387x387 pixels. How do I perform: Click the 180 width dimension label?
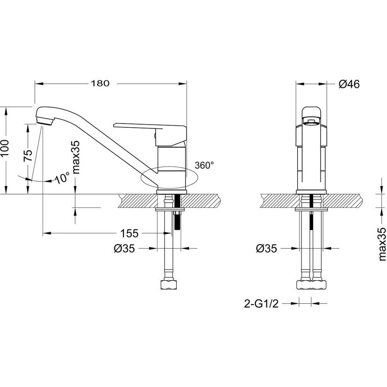click(x=100, y=84)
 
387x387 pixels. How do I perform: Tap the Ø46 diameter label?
click(x=349, y=84)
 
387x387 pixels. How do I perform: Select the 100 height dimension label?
click(x=5, y=148)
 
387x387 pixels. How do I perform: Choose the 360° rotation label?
click(x=204, y=165)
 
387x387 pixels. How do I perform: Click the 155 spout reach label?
click(x=129, y=233)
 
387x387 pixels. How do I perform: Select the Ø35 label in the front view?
click(x=267, y=248)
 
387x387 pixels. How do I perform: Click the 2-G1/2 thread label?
click(x=261, y=303)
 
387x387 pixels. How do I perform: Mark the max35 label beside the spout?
click(x=75, y=157)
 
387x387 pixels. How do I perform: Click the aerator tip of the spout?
click(x=45, y=121)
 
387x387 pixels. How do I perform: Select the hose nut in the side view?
click(x=169, y=284)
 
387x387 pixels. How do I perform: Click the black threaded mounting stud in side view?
click(x=177, y=212)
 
